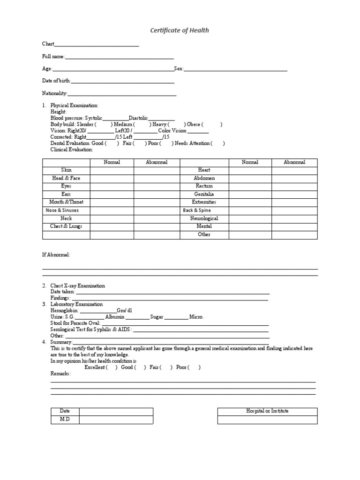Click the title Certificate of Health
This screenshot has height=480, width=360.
click(x=180, y=30)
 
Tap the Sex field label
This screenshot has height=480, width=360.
click(x=179, y=69)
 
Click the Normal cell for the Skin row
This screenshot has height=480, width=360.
click(x=112, y=170)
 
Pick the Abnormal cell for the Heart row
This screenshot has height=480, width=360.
click(x=294, y=170)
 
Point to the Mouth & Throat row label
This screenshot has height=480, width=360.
click(x=66, y=202)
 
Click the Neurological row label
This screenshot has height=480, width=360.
click(x=204, y=218)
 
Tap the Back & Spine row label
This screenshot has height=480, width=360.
click(x=197, y=210)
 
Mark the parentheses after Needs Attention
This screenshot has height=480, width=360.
click(x=218, y=143)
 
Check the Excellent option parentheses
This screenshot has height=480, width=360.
click(x=112, y=367)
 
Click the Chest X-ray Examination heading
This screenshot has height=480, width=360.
click(x=78, y=286)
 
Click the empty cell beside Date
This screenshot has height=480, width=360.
click(x=116, y=412)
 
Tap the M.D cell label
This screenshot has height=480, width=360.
click(x=65, y=420)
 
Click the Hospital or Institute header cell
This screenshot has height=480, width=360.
click(x=267, y=411)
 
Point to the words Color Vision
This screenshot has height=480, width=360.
click(x=172, y=131)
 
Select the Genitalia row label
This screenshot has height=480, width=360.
click(x=204, y=194)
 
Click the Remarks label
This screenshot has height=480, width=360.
click(x=60, y=374)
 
